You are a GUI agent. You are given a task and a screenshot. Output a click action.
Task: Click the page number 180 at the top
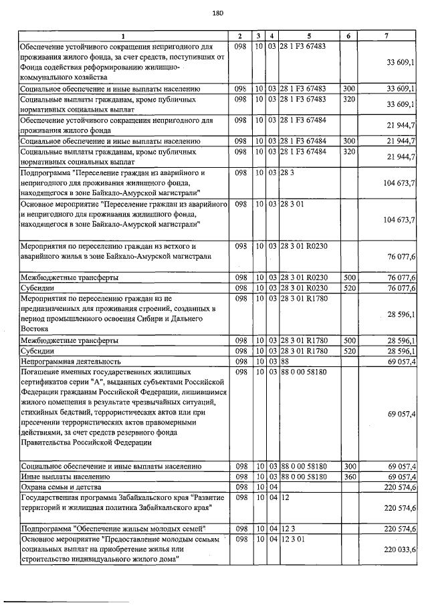coord(216,13)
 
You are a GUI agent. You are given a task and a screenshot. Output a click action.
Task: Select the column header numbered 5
coord(309,35)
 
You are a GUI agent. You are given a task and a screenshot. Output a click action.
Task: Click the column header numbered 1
coord(123,35)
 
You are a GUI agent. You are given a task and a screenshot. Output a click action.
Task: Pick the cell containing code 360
coord(348,477)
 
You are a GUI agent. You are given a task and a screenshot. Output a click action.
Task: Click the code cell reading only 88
coord(285,361)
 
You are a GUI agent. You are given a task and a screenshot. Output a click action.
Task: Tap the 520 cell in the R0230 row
coord(348,287)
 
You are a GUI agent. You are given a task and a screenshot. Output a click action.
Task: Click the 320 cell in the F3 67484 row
coord(348,152)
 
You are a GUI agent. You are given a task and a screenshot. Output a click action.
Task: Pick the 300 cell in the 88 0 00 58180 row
coord(348,466)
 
